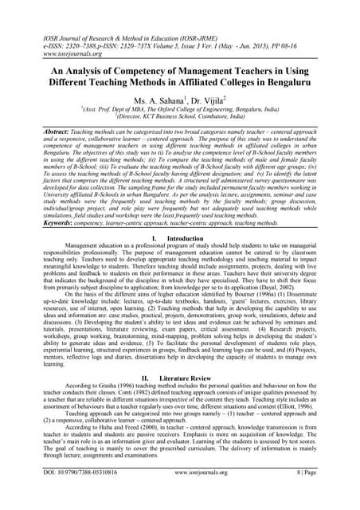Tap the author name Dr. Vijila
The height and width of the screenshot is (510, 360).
(205, 102)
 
